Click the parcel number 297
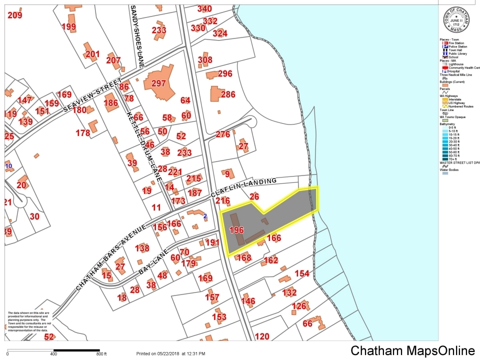coord(158,83)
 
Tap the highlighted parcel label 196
coord(236,230)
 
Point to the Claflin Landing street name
coord(243,187)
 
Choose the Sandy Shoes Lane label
coord(137,36)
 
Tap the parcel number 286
coord(228,94)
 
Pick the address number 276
coord(223,134)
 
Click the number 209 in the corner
coord(15,15)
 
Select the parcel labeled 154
coord(302,273)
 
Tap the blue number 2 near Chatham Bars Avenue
coord(205,216)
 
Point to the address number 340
coord(204,8)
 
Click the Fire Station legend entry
coord(450,43)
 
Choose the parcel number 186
coord(110,102)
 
